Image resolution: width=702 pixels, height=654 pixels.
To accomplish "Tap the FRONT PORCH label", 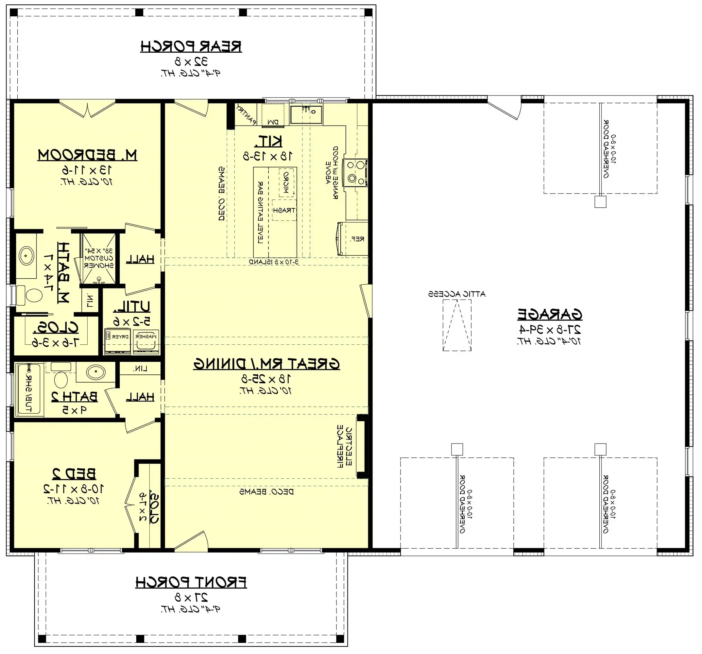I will pos(191,582).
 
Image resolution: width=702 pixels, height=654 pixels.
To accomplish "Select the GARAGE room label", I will pos(549,314).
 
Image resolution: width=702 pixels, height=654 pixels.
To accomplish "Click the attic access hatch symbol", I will pos(457,325).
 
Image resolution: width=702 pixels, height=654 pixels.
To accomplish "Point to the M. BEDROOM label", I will pos(87,155).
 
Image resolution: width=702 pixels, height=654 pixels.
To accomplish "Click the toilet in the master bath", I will pos(30,296).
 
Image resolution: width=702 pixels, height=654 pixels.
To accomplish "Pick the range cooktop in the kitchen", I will pos(356,172).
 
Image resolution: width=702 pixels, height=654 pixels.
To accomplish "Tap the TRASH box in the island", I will pos(284,210).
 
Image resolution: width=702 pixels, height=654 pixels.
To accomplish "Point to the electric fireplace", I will pos(362,447).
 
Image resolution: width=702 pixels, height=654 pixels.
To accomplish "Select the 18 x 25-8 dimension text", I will pos(266,379).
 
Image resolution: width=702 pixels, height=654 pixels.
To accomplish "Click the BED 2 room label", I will pos(74,473).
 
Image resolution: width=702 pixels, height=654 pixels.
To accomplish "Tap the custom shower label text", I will pos(99,258).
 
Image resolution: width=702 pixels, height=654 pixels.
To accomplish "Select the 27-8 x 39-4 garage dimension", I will pos(549,330).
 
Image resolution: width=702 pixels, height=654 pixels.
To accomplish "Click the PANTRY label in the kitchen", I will pos(247,114).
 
